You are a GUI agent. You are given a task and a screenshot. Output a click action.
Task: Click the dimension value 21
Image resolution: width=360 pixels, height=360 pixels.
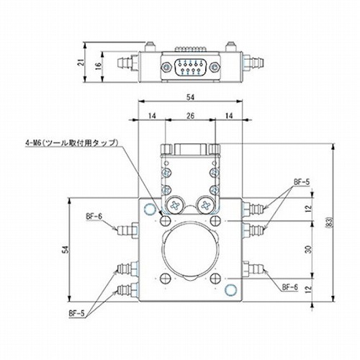click(82, 62)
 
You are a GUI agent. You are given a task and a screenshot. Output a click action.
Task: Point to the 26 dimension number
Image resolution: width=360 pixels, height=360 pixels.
click(190, 116)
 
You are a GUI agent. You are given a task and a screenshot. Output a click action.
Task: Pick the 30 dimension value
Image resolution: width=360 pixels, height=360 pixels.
click(309, 249)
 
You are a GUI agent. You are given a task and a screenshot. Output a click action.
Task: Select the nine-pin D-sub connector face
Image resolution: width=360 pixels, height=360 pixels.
click(190, 68)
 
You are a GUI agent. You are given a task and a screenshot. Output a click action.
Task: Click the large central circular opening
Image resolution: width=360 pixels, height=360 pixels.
click(190, 251)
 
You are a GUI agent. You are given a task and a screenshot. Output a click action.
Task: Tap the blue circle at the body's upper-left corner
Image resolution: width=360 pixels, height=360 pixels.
click(150, 209)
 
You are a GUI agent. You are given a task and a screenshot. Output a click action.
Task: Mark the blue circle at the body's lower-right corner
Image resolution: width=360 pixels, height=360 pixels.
click(230, 289)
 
